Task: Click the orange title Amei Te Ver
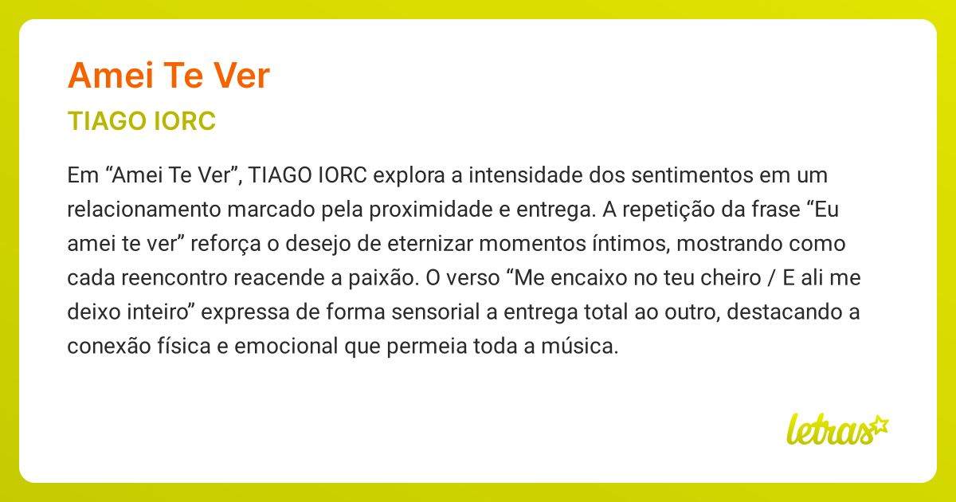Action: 169,76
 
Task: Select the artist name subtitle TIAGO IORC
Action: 142,122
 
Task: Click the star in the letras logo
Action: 879,425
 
